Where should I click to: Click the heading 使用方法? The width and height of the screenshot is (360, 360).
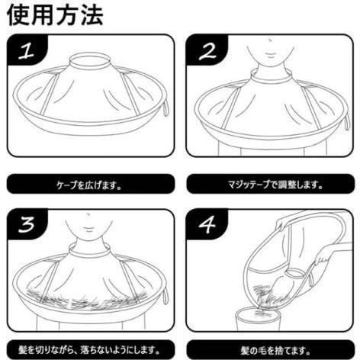55,15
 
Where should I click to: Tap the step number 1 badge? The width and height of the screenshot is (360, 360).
27,50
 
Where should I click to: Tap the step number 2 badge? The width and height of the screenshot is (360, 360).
207,50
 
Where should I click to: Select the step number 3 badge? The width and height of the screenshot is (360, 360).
27,223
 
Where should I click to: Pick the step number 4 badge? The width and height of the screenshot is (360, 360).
207,223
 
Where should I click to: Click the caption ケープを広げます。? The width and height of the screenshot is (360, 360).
89,185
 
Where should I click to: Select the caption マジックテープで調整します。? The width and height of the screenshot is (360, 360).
275,185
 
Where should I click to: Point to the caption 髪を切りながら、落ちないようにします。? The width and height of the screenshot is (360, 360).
89,350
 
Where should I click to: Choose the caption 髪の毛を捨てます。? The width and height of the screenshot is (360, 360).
275,351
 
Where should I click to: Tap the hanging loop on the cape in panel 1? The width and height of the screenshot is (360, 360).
166,108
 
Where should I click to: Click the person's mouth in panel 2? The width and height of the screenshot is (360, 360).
270,55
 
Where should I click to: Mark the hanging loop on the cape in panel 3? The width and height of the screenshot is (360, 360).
166,297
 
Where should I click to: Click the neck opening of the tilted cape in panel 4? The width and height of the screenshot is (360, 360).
294,272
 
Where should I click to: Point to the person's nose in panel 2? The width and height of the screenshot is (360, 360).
270,40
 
